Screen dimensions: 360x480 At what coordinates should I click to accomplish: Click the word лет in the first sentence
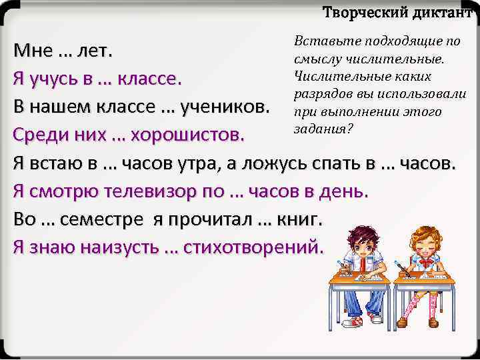coord(94,51)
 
